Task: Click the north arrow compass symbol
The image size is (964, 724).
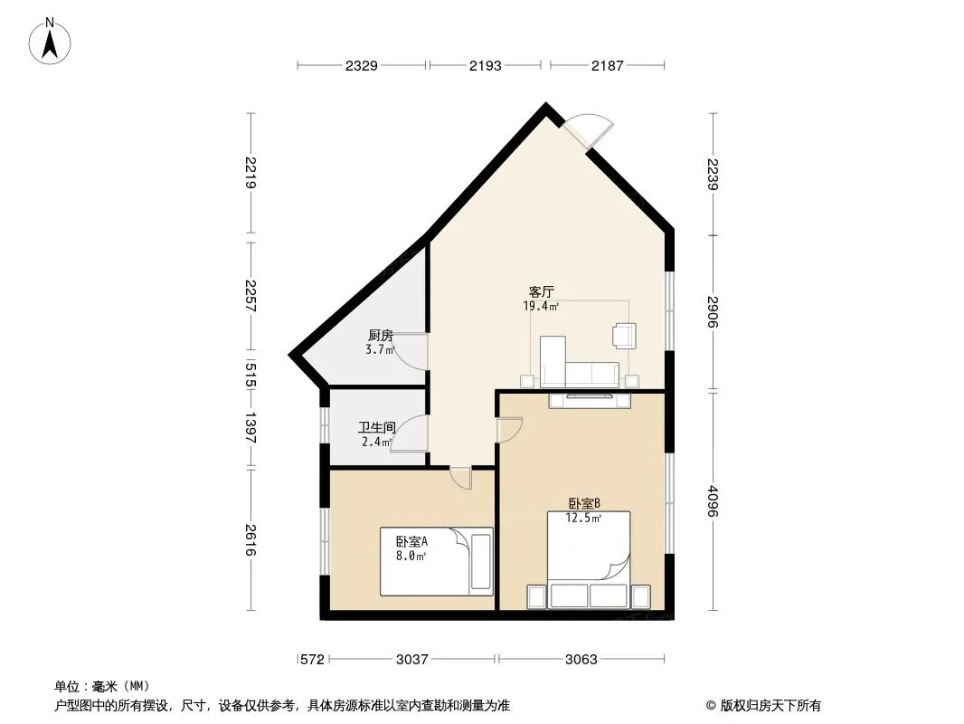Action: click(x=50, y=42)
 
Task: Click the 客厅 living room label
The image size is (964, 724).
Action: click(x=542, y=291)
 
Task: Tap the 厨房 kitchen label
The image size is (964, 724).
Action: click(x=381, y=335)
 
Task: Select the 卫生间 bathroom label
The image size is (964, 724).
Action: click(x=377, y=427)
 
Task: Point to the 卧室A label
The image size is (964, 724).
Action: click(x=411, y=542)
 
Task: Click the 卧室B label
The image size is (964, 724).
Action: click(x=584, y=503)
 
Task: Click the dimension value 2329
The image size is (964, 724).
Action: click(x=361, y=65)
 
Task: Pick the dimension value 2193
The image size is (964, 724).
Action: click(x=485, y=65)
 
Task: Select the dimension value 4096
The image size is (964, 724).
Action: click(x=713, y=500)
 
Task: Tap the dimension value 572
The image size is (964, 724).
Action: click(x=312, y=660)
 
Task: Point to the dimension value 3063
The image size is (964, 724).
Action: click(x=581, y=660)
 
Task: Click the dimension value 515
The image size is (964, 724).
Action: click(x=250, y=375)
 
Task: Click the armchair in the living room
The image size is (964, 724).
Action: click(x=624, y=336)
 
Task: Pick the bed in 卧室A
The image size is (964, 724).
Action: click(x=437, y=561)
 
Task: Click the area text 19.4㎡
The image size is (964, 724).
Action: click(x=541, y=306)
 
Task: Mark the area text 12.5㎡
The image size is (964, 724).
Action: click(x=583, y=518)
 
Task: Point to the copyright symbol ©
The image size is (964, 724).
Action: click(x=712, y=706)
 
